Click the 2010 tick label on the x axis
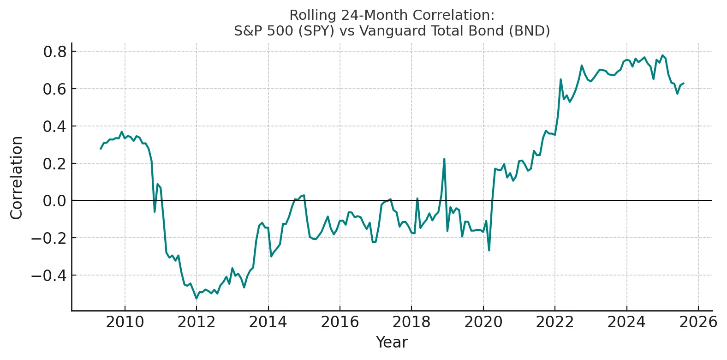click(x=125, y=322)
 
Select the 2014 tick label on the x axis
click(x=268, y=322)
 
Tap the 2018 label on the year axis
click(x=411, y=322)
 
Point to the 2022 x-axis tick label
click(x=555, y=322)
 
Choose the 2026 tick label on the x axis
click(x=698, y=322)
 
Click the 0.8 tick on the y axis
click(x=55, y=52)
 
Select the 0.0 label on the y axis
click(x=55, y=201)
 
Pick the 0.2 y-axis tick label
click(x=55, y=163)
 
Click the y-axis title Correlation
click(x=17, y=178)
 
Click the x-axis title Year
click(x=392, y=342)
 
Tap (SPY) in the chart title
click(x=316, y=31)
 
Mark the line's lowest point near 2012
click(x=196, y=299)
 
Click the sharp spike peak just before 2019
click(x=444, y=159)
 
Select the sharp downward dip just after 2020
click(x=489, y=250)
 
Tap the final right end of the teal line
click(x=684, y=84)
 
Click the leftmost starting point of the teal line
click(x=101, y=149)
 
